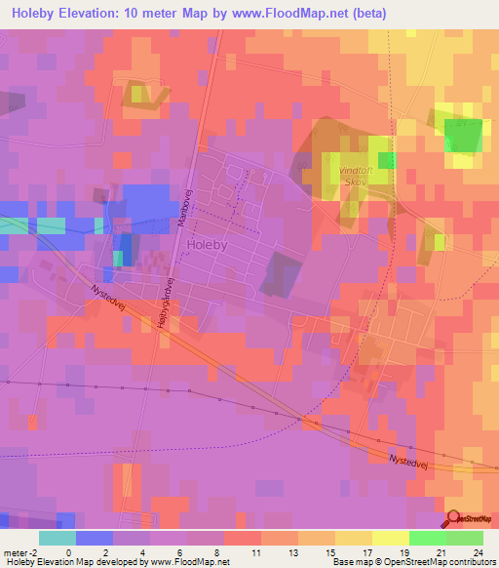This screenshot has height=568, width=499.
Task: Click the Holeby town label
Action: coord(207,245)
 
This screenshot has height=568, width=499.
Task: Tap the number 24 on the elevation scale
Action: coord(478,524)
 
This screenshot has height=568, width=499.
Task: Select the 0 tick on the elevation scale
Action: coord(67,524)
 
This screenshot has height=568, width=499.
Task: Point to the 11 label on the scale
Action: coord(256,524)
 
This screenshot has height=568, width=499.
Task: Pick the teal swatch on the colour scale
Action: coord(57,538)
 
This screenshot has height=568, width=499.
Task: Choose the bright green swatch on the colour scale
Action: coord(427,538)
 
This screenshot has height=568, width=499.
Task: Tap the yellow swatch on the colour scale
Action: coord(390,538)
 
